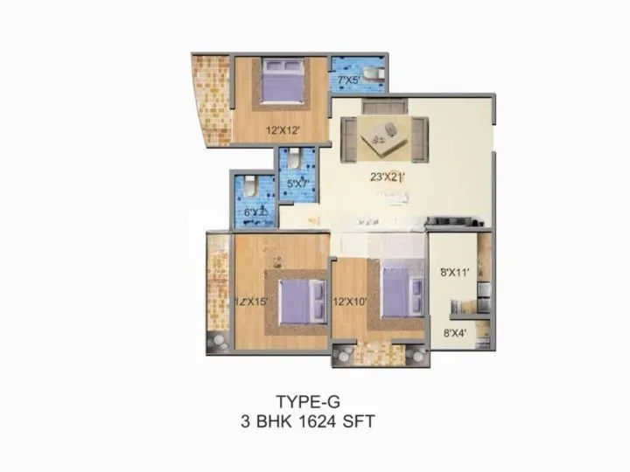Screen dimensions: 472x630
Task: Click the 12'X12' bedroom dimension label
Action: click(x=283, y=130)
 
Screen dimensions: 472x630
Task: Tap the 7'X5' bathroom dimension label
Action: click(x=352, y=80)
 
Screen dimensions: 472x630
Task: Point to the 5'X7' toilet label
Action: click(x=297, y=184)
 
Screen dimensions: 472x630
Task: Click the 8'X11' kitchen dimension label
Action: click(x=456, y=272)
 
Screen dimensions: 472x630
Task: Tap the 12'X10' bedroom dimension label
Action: click(x=350, y=302)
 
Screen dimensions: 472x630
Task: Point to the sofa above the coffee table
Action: click(x=386, y=108)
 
